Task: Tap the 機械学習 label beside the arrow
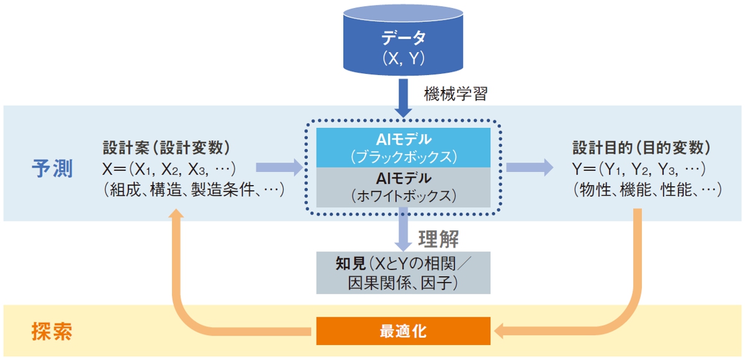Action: pos(456,94)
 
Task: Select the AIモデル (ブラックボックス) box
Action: pos(404,147)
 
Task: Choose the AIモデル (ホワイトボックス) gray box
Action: pos(404,187)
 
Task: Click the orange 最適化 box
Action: pos(404,331)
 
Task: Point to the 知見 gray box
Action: pos(404,272)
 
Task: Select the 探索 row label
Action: pos(52,331)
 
